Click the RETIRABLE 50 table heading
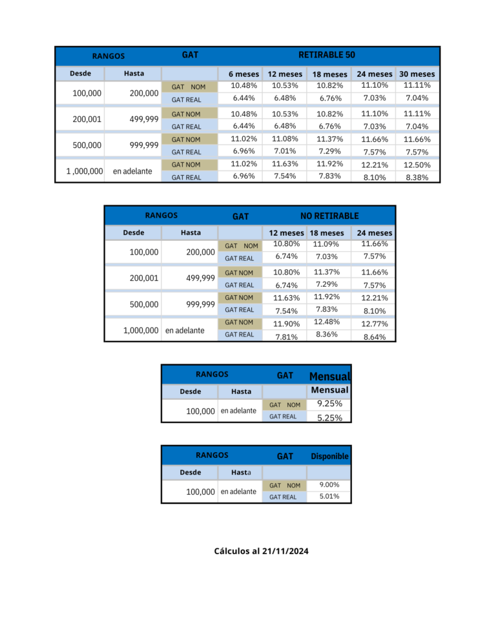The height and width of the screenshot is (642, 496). click(x=326, y=54)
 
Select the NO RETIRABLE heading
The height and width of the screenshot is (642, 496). click(x=329, y=216)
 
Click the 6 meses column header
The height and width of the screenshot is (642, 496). click(x=245, y=74)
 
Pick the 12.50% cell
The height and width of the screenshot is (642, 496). click(x=417, y=165)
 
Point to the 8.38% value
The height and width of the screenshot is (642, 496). click(x=417, y=177)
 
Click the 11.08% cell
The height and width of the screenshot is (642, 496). click(x=285, y=139)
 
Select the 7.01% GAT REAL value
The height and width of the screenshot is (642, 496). click(x=285, y=152)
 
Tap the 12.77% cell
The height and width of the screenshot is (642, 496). click(x=375, y=324)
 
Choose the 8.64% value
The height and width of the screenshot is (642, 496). click(x=375, y=337)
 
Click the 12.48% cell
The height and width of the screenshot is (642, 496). click(x=326, y=322)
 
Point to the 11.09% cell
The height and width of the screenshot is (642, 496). click(x=326, y=243)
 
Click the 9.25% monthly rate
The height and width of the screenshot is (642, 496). click(x=330, y=404)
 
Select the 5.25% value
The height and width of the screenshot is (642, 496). click(x=330, y=417)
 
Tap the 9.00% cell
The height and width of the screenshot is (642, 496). click(x=330, y=485)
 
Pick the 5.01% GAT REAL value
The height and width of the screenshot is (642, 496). click(x=330, y=497)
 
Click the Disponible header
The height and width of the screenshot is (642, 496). click(x=330, y=457)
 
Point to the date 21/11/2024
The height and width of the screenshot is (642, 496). click(x=285, y=551)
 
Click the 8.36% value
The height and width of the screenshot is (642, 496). click(x=326, y=335)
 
